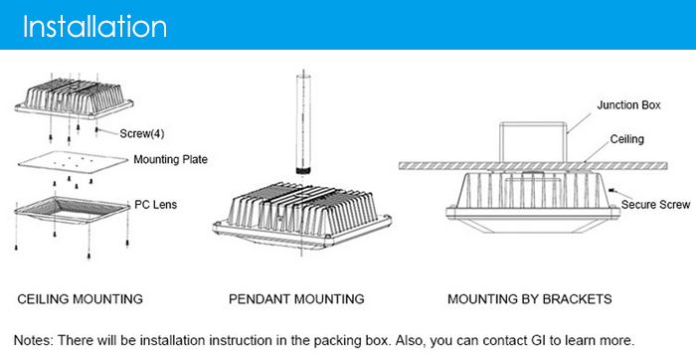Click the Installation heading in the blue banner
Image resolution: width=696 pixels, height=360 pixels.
coord(94,26)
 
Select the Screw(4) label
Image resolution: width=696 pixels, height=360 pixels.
coord(142,133)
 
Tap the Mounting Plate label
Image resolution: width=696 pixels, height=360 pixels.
coord(170,159)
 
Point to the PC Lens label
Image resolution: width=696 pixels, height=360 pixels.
coord(156,205)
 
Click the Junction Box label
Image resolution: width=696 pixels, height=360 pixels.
coord(628,105)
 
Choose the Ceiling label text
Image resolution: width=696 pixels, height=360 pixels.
coord(626,139)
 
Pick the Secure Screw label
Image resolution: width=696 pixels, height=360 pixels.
coord(655,205)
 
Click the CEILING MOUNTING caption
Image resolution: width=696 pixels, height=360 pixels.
coord(80,299)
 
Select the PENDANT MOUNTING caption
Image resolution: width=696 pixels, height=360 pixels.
coord(296,299)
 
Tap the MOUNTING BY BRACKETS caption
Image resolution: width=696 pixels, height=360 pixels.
coord(530,299)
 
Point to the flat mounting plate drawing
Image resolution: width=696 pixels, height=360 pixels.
coord(74,163)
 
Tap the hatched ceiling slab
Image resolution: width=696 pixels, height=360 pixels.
coord(533,165)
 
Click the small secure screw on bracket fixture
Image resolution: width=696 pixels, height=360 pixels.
coord(612,190)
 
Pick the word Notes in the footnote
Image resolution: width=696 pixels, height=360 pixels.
coord(33,340)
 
